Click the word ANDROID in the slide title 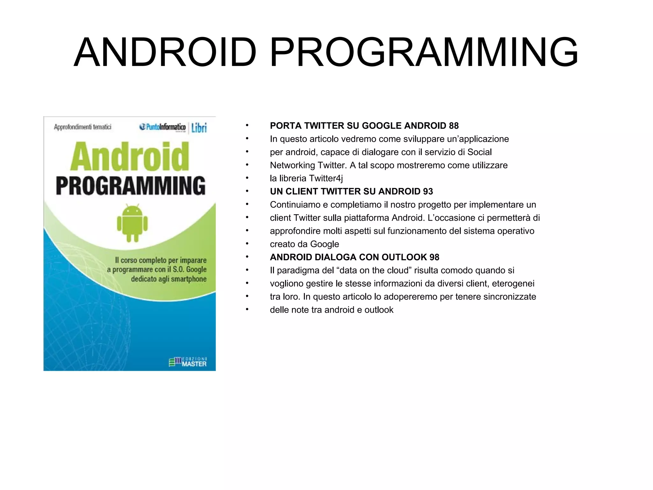[x=165, y=53]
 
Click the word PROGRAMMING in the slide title [x=424, y=53]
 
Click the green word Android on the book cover [x=130, y=157]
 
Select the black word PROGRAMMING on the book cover [x=131, y=186]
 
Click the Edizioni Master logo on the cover [x=188, y=362]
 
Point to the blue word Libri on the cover [x=199, y=128]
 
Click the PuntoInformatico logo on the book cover [x=163, y=127]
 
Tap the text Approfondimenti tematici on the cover [x=83, y=127]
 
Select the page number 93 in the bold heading [x=428, y=191]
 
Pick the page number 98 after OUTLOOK [x=434, y=257]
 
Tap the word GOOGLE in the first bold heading [x=382, y=126]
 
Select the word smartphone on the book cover [x=189, y=279]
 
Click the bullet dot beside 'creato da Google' [x=247, y=244]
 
